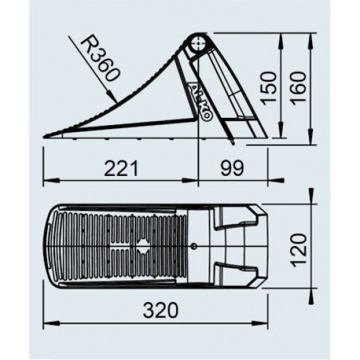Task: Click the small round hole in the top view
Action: pyautogui.click(x=194, y=246)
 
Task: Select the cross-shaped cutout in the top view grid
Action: pyautogui.click(x=142, y=246)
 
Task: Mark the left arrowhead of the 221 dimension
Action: pyautogui.click(x=46, y=179)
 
